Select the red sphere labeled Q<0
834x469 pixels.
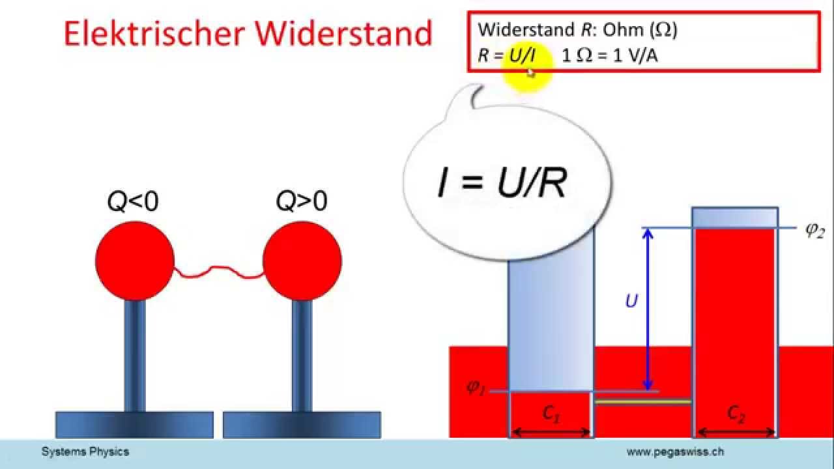[x=135, y=260]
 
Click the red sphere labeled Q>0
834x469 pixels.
[x=302, y=260]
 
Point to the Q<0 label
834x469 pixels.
[x=133, y=203]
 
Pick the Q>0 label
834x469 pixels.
[x=301, y=203]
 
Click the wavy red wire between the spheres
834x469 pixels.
[x=218, y=271]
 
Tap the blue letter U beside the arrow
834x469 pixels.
[x=631, y=302]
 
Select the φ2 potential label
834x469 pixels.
[x=814, y=231]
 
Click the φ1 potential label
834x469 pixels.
[x=476, y=388]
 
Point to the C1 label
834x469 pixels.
[x=551, y=413]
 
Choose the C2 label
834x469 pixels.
[x=736, y=413]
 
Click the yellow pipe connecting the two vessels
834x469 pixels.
[x=643, y=402]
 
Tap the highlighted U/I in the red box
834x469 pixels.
[x=523, y=55]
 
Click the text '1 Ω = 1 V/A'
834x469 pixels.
[x=609, y=55]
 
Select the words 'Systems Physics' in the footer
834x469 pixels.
[x=85, y=451]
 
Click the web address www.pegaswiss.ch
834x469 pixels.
[x=675, y=451]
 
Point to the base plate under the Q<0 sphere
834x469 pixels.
[x=135, y=424]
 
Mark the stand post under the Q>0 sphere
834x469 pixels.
[x=302, y=355]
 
